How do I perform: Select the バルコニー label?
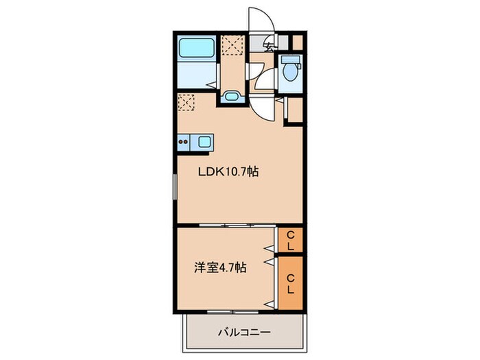[x=244, y=333]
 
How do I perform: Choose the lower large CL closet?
[x=291, y=283]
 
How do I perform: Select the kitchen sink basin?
[x=204, y=142]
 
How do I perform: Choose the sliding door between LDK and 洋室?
[x=226, y=226]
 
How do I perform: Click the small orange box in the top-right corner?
[x=297, y=41]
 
